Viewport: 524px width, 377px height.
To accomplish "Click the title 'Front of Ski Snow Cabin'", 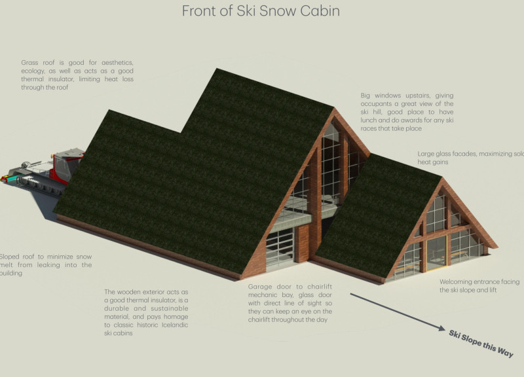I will click(x=260, y=11).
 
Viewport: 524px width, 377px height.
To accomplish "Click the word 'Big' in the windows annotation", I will click(x=367, y=95).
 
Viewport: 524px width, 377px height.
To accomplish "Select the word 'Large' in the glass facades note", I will click(x=430, y=154).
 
